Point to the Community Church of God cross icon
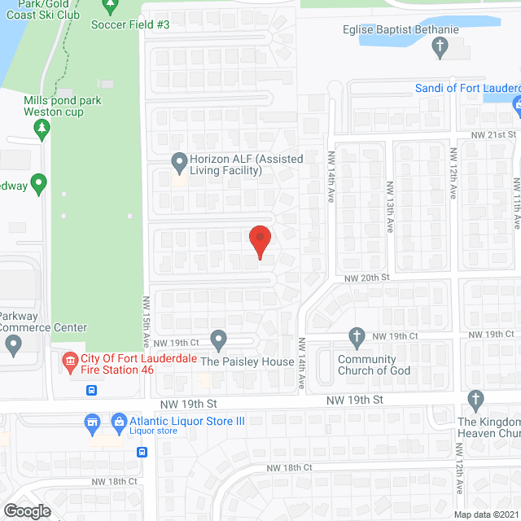(x=356, y=336)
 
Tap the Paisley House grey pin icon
(x=217, y=338)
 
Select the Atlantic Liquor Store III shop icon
(x=94, y=422)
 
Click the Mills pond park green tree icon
(x=42, y=128)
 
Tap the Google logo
(x=26, y=510)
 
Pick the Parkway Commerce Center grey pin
(x=14, y=346)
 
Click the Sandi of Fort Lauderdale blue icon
(x=516, y=105)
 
